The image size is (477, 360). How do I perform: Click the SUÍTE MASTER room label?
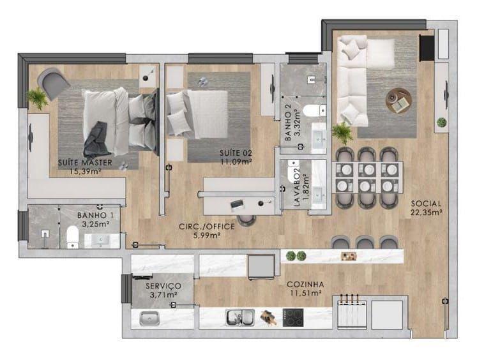tap(85, 163)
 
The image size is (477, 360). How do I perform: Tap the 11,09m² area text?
tap(236, 161)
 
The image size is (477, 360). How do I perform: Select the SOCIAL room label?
tap(426, 204)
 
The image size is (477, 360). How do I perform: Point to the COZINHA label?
tap(305, 285)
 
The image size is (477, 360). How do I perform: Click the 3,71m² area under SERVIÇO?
tap(163, 294)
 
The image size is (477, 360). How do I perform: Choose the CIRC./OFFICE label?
tap(207, 227)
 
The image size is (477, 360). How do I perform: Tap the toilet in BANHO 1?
tap(72, 237)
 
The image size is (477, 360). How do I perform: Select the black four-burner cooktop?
tap(293, 318)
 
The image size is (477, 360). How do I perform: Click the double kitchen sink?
tap(239, 318)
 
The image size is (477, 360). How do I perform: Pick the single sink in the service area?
tap(149, 319)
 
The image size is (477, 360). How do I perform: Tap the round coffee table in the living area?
tap(398, 101)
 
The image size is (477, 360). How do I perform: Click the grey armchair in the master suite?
tap(53, 83)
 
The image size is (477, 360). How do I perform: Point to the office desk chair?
tap(246, 220)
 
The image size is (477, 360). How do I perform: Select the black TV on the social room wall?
tap(427, 48)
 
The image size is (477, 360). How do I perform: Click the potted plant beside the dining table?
tap(342, 133)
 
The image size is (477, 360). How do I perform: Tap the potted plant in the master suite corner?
tap(37, 98)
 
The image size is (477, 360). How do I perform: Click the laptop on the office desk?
tap(237, 205)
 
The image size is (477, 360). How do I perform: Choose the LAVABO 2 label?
tap(297, 187)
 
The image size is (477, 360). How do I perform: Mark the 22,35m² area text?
tap(426, 212)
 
